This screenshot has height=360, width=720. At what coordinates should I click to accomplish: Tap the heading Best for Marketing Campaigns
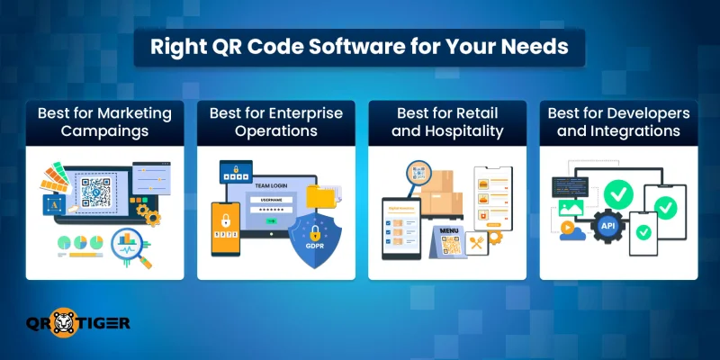105,122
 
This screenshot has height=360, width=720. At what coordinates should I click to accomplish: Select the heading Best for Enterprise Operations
275,122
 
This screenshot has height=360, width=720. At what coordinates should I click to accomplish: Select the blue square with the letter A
51,205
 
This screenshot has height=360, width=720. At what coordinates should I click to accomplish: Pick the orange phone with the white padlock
224,224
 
